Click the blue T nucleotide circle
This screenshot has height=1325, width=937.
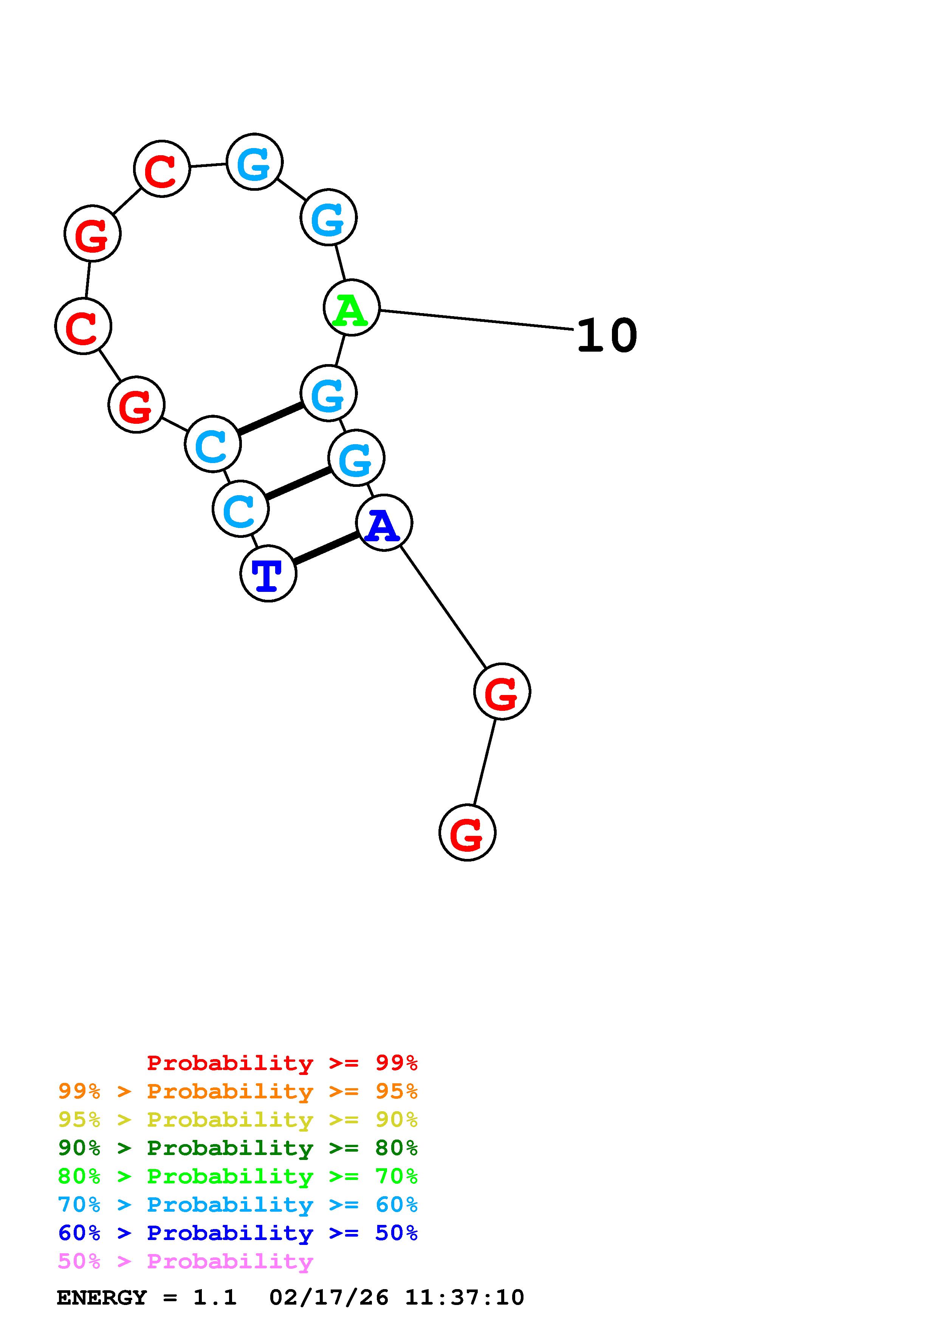(x=268, y=574)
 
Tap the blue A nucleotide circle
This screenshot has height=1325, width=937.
(x=384, y=523)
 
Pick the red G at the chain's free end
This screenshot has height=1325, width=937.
(x=467, y=833)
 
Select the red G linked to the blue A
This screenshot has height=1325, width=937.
(x=502, y=691)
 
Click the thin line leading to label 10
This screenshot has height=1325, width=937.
(x=476, y=320)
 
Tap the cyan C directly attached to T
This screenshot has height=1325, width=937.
(x=240, y=509)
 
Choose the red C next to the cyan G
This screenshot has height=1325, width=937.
(x=162, y=168)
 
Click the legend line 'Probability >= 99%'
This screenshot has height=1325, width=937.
(x=282, y=1063)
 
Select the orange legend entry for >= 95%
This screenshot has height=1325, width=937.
(x=238, y=1091)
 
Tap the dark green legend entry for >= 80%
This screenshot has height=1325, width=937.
(x=238, y=1148)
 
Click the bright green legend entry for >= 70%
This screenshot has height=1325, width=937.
(x=238, y=1176)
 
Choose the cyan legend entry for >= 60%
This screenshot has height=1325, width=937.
(x=238, y=1205)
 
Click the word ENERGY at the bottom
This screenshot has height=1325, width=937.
(x=102, y=1298)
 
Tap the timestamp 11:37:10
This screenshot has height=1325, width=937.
(x=465, y=1298)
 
